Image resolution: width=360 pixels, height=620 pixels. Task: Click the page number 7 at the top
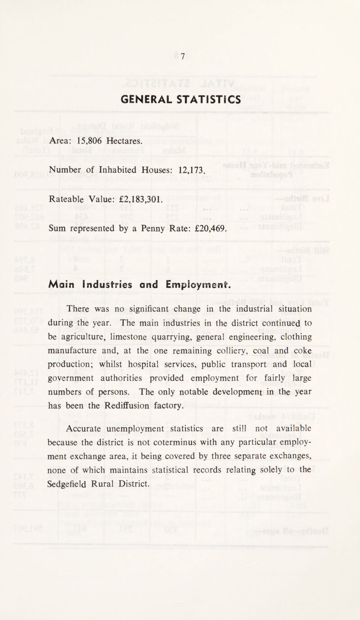183,56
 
